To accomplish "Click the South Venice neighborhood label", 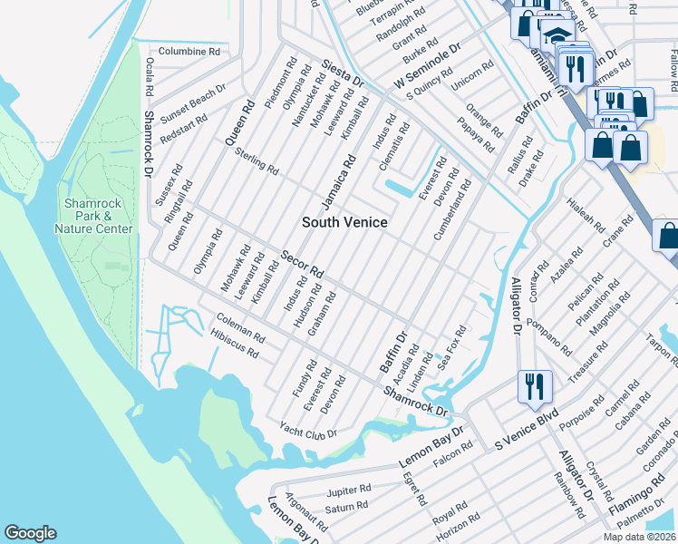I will (x=344, y=222).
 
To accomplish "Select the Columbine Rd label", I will (x=189, y=52).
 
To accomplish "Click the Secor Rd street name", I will (x=303, y=264).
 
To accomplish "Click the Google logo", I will (x=30, y=533).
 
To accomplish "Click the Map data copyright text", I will (x=639, y=537).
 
